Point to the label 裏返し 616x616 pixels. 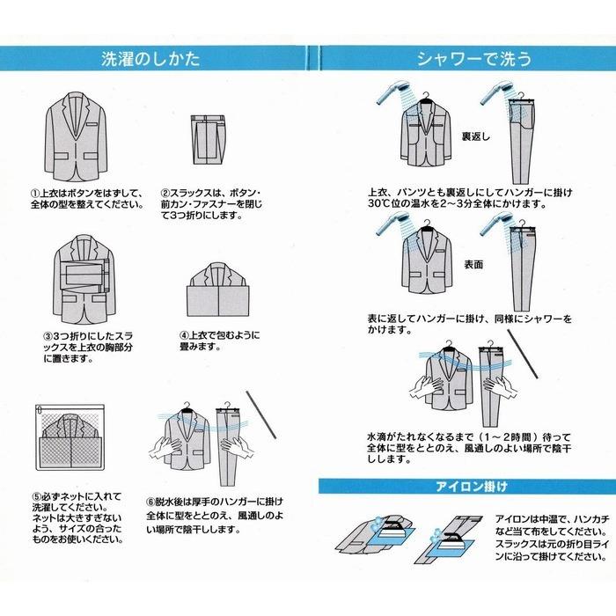point(480,138)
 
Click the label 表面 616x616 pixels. point(475,263)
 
